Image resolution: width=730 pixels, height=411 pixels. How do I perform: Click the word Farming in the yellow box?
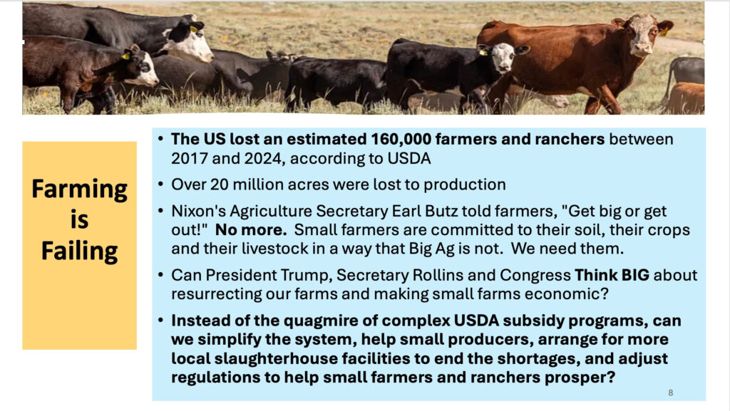(x=80, y=189)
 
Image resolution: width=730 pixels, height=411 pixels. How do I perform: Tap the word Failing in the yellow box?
(x=80, y=251)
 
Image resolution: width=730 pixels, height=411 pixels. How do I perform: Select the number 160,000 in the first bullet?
(x=401, y=139)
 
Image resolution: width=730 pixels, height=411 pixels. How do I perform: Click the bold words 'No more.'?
(x=251, y=229)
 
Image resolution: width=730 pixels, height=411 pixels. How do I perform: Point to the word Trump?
(x=306, y=275)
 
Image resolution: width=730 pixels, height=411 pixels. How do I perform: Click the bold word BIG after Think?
(x=635, y=275)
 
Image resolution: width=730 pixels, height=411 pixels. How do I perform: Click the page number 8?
(x=670, y=392)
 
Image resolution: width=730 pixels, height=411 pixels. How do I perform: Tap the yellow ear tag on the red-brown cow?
(x=663, y=31)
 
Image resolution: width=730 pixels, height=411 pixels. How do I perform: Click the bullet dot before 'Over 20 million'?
(x=160, y=184)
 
